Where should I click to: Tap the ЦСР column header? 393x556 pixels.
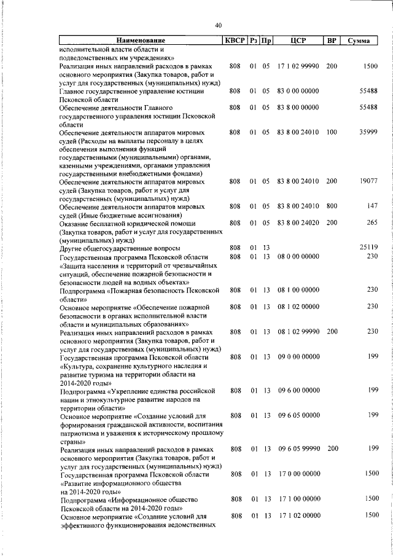click(298, 41)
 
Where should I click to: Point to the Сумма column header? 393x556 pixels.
click(358, 41)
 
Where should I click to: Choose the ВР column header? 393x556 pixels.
click(331, 41)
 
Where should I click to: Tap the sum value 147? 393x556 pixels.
click(372, 206)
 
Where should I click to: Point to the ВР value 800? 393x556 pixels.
click(332, 206)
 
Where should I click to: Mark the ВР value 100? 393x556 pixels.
click(332, 133)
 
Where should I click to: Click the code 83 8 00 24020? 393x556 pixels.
click(298, 223)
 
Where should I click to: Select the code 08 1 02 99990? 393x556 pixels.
click(298, 331)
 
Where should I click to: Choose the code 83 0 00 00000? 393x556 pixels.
click(298, 91)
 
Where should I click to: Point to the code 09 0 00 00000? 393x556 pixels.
click(298, 356)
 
